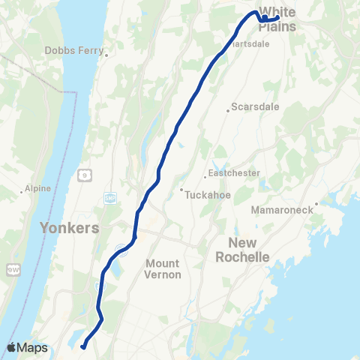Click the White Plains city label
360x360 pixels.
(277, 21)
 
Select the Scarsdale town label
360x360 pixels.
(255, 106)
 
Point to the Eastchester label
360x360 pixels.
(234, 173)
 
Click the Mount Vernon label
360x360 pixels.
(162, 269)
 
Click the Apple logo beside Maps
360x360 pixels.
(11, 348)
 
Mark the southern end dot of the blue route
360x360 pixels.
(83, 346)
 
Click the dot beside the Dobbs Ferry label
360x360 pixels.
(107, 54)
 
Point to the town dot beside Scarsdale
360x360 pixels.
(229, 112)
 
